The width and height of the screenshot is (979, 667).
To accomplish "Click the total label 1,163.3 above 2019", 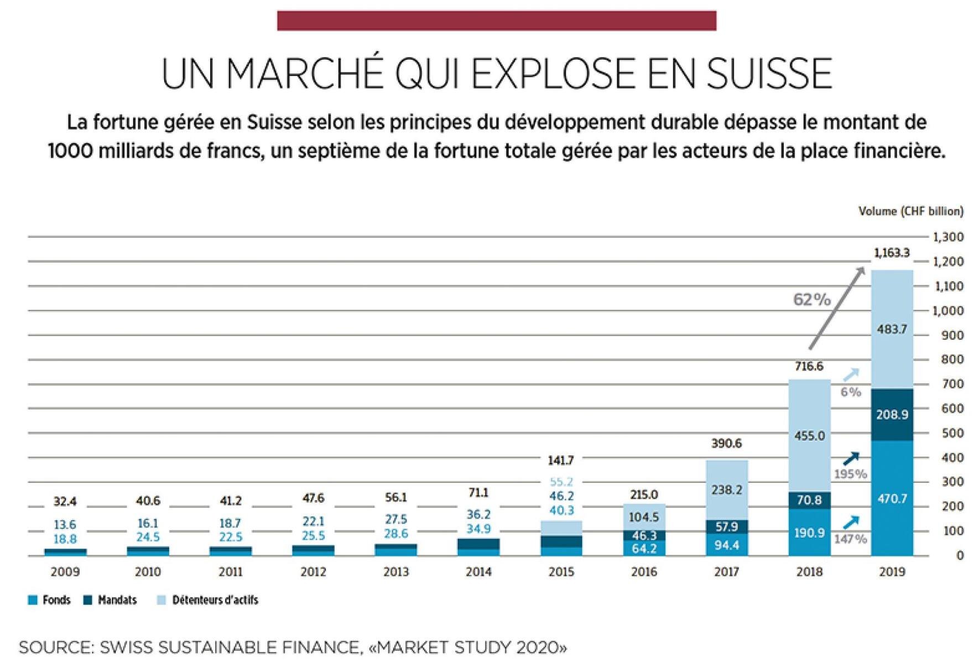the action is tap(891, 253).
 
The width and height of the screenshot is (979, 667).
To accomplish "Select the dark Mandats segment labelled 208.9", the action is tap(892, 415).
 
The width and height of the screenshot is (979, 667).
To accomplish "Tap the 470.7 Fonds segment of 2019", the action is tap(892, 498).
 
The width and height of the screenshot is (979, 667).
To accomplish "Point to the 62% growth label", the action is tap(811, 300).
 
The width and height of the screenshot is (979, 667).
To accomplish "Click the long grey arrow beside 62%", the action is tap(836, 308).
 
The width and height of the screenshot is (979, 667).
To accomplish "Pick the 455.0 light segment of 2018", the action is tap(809, 436).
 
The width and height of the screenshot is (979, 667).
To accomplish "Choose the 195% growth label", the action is tap(850, 474).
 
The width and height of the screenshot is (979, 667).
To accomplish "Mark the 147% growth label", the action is tap(850, 539).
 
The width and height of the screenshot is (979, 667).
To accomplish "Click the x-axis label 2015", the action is tap(561, 572).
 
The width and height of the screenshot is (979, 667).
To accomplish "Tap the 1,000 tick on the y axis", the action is tap(948, 311).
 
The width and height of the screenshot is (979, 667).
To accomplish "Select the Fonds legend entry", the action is tap(49, 600).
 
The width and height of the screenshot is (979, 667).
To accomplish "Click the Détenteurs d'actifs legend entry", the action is tap(207, 600).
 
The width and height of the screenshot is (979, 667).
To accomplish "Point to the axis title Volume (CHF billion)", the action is tap(910, 211).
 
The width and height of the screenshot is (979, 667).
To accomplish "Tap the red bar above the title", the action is tap(496, 20).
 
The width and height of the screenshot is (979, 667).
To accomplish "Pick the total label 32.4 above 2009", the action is tap(65, 502).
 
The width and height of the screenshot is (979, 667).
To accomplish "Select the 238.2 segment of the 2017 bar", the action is tap(726, 490).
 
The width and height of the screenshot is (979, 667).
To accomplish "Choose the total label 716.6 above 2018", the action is tap(809, 367).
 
